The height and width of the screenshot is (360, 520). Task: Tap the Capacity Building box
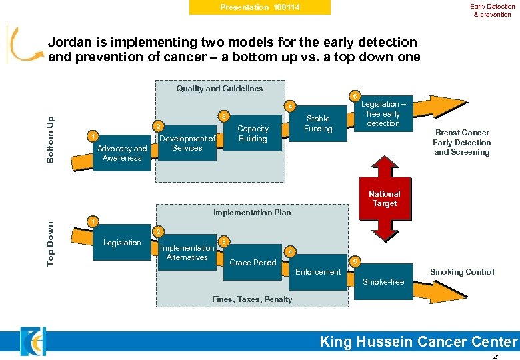tap(253, 133)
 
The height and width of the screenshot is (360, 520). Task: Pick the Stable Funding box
tap(317, 124)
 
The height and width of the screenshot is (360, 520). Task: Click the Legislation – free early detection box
tap(383, 114)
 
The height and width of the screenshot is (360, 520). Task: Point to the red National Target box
tap(385, 199)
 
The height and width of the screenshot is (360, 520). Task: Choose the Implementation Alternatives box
tap(187, 253)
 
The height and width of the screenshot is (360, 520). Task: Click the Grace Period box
tap(253, 263)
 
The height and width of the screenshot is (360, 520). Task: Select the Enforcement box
tap(318, 272)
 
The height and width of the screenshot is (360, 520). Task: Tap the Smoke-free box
tap(383, 282)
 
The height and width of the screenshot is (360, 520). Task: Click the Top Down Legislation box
tap(122, 243)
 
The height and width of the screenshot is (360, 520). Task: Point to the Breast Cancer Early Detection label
tap(461, 143)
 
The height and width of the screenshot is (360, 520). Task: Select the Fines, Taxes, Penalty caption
tap(252, 299)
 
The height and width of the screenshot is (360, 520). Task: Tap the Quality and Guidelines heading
tap(219, 89)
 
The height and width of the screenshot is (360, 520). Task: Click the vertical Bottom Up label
tap(51, 138)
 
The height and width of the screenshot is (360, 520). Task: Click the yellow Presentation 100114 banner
tap(260, 7)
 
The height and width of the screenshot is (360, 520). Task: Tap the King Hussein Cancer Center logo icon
tap(32, 341)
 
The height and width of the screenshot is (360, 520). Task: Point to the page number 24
tap(496, 356)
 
